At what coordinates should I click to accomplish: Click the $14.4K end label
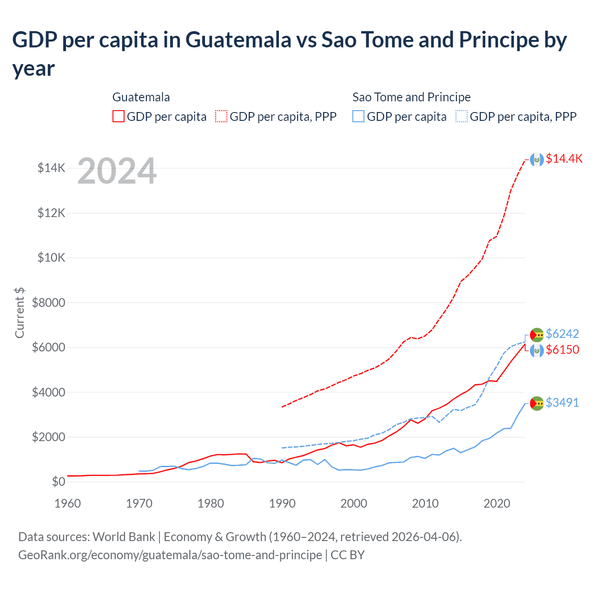(564, 159)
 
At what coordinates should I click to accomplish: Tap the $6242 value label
(562, 334)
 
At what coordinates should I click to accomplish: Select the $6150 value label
(562, 350)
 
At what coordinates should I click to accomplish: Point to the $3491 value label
(562, 403)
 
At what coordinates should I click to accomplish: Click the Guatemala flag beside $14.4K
(537, 159)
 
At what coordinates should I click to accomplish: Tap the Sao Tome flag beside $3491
(537, 403)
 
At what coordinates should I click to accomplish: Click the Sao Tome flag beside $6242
(537, 335)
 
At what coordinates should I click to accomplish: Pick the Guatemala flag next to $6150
(537, 350)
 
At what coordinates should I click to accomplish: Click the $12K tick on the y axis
(52, 213)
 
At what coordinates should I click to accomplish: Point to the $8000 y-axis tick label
(48, 303)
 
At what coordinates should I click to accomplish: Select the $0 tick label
(58, 482)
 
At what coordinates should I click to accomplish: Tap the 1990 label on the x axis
(282, 503)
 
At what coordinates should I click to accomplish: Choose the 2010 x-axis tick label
(425, 503)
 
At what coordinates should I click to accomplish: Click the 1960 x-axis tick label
(67, 503)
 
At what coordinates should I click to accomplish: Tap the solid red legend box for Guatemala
(119, 116)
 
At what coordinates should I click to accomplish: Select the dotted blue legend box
(462, 116)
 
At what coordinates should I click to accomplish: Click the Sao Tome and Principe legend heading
(411, 97)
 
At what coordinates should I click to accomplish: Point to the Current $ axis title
(20, 312)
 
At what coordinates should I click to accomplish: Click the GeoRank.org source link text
(170, 555)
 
